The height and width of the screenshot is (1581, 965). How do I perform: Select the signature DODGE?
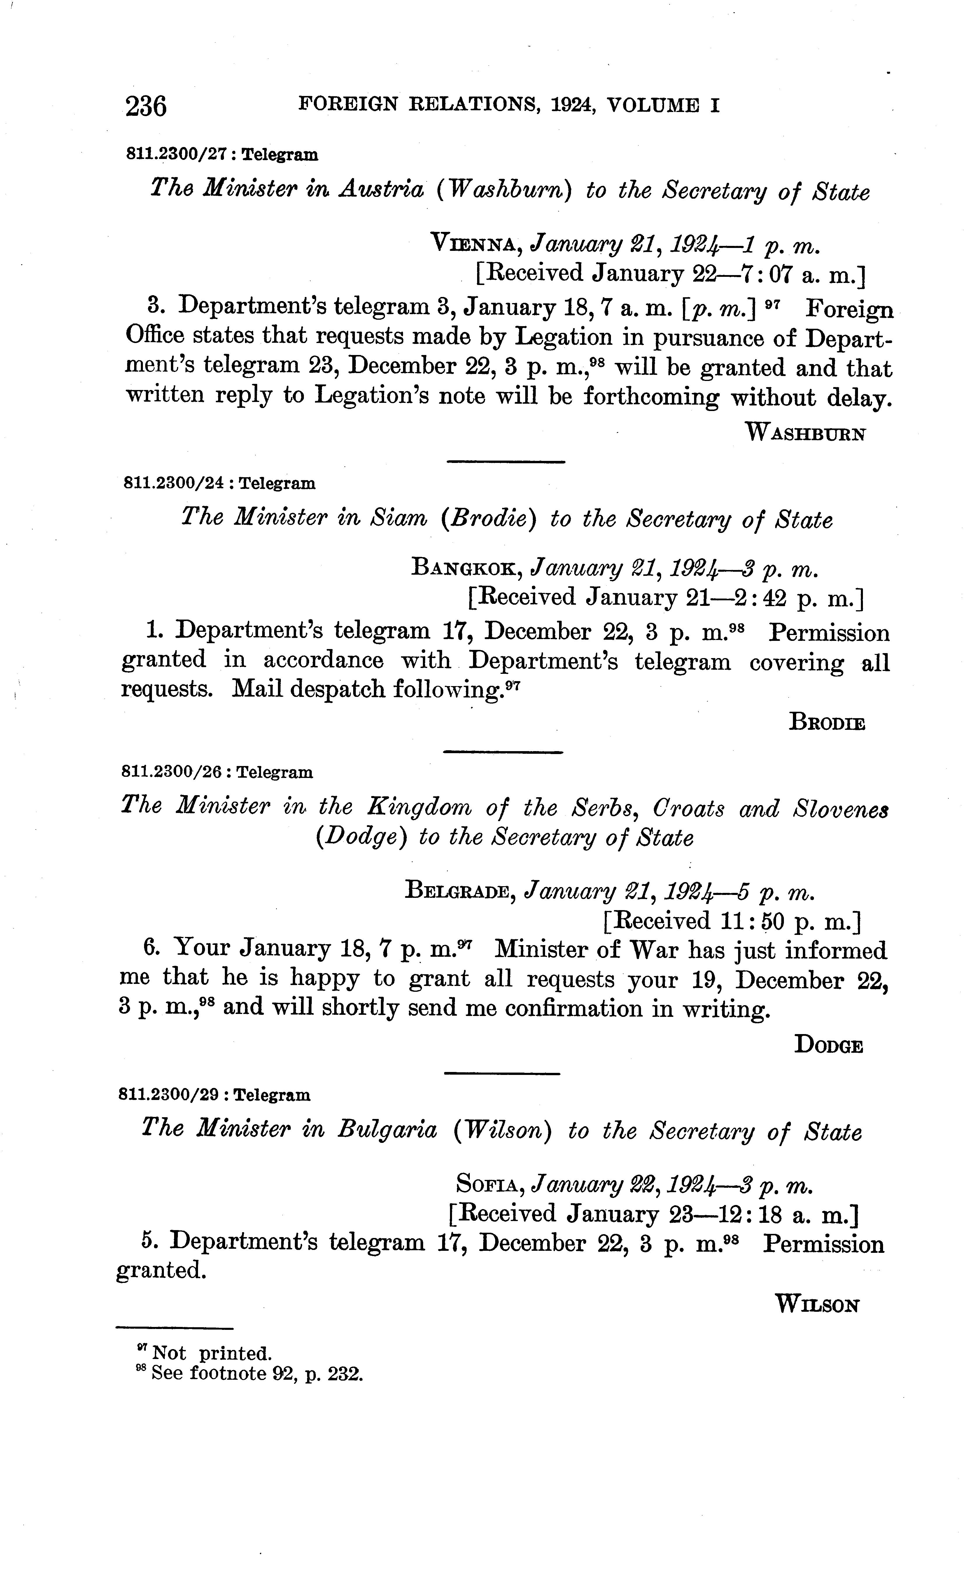pyautogui.click(x=828, y=1045)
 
